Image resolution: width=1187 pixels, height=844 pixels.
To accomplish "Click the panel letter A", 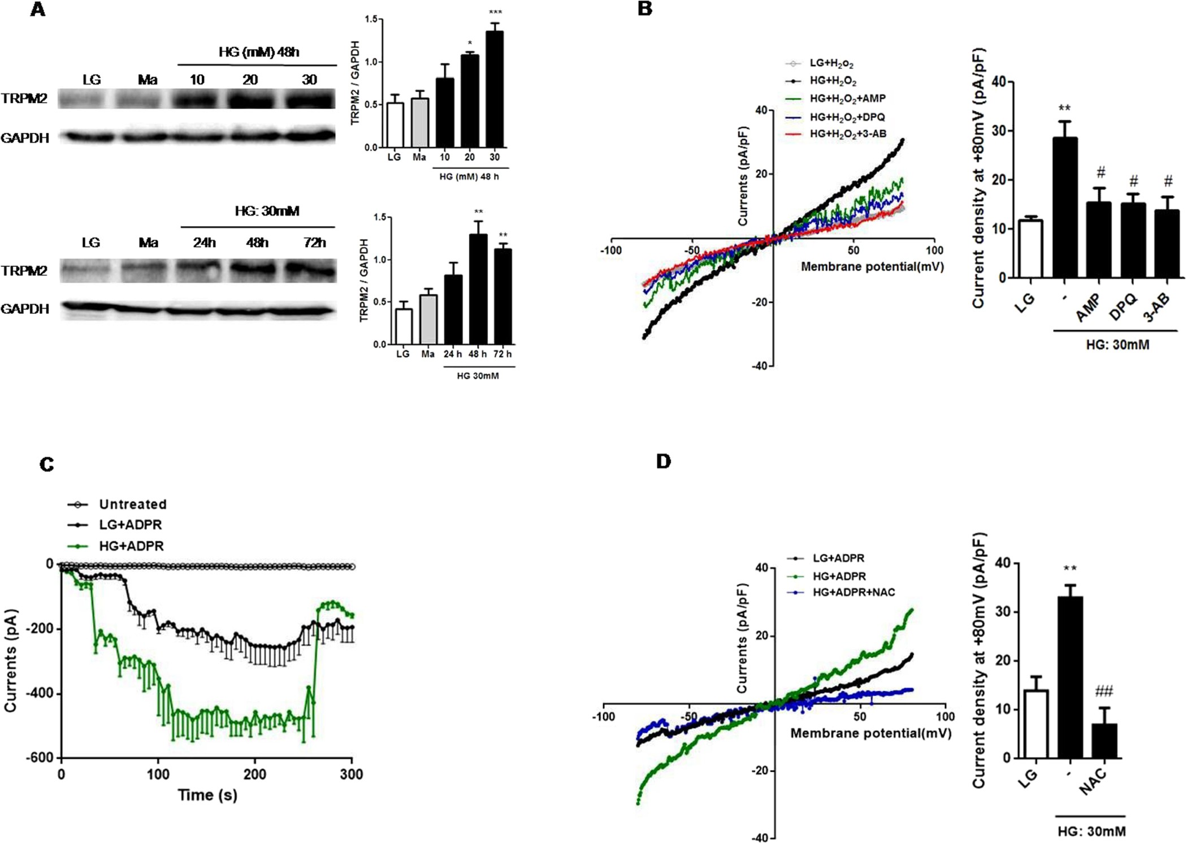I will [37, 10].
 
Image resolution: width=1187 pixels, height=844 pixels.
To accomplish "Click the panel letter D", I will [663, 461].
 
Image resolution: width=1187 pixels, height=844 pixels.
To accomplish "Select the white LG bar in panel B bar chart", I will [1030, 249].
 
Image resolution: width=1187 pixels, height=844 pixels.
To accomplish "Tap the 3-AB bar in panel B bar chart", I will [1167, 243].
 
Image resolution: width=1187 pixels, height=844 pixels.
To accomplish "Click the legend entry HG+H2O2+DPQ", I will [847, 117].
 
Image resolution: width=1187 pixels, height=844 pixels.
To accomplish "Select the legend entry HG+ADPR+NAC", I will [854, 592].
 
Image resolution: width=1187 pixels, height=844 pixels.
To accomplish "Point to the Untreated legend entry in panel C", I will [132, 504].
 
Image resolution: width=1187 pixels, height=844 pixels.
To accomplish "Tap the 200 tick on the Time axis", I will [255, 774].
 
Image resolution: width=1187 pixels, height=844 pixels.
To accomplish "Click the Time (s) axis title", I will [207, 795].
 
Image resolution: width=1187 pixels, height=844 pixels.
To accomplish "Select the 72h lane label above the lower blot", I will [314, 243].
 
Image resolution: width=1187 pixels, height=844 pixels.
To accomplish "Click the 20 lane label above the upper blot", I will [250, 80].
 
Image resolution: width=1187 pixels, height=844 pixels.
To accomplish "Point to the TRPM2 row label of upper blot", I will [24, 98].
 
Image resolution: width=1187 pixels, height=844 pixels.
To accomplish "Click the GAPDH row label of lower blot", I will [24, 309].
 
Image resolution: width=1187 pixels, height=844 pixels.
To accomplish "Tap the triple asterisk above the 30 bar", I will [495, 12].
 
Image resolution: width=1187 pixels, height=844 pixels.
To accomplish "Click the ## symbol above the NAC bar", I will [1103, 691].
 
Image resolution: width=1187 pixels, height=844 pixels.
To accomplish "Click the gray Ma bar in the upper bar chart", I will [419, 123].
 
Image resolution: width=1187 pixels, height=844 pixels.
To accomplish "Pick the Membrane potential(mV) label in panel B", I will [872, 266].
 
